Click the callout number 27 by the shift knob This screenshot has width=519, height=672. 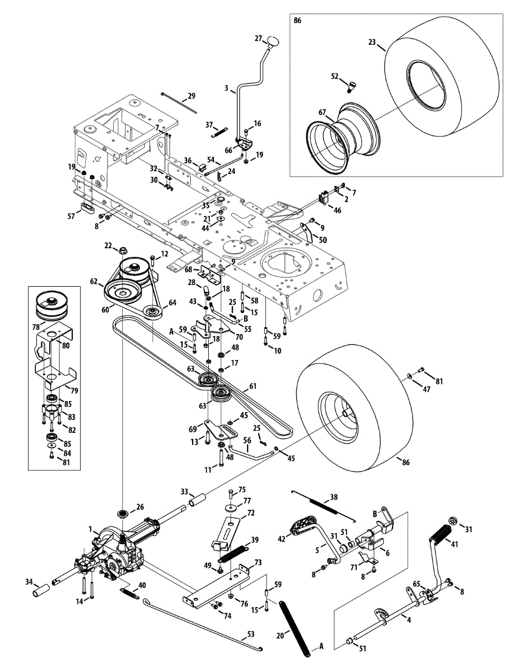tap(258, 38)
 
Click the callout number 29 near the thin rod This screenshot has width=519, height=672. tap(191, 96)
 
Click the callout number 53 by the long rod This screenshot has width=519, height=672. tap(250, 636)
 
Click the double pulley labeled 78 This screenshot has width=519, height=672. tap(49, 305)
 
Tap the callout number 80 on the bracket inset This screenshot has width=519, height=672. tap(66, 346)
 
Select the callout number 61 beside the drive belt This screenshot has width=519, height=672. tap(253, 386)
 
